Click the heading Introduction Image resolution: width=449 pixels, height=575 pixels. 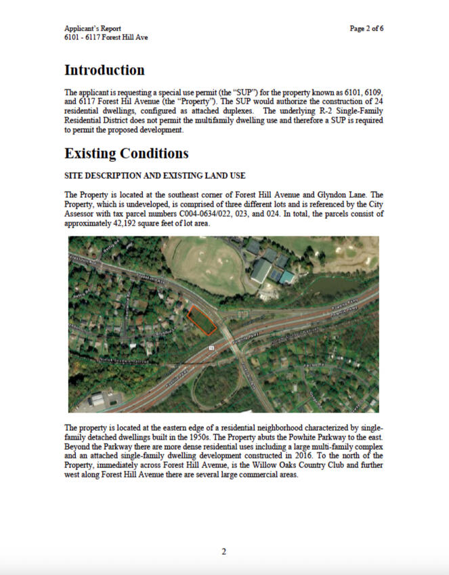[x=104, y=70]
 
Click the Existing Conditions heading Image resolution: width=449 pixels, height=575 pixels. [x=126, y=154]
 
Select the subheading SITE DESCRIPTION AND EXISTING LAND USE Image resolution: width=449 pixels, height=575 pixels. [x=150, y=176]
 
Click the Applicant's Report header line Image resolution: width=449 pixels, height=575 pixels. [x=93, y=28]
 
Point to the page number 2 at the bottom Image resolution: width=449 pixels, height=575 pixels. [x=224, y=551]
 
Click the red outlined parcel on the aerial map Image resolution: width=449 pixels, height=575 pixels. [x=202, y=319]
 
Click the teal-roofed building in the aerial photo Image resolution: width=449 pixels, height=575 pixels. [x=287, y=277]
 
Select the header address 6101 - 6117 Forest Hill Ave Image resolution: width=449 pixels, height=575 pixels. [x=106, y=37]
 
